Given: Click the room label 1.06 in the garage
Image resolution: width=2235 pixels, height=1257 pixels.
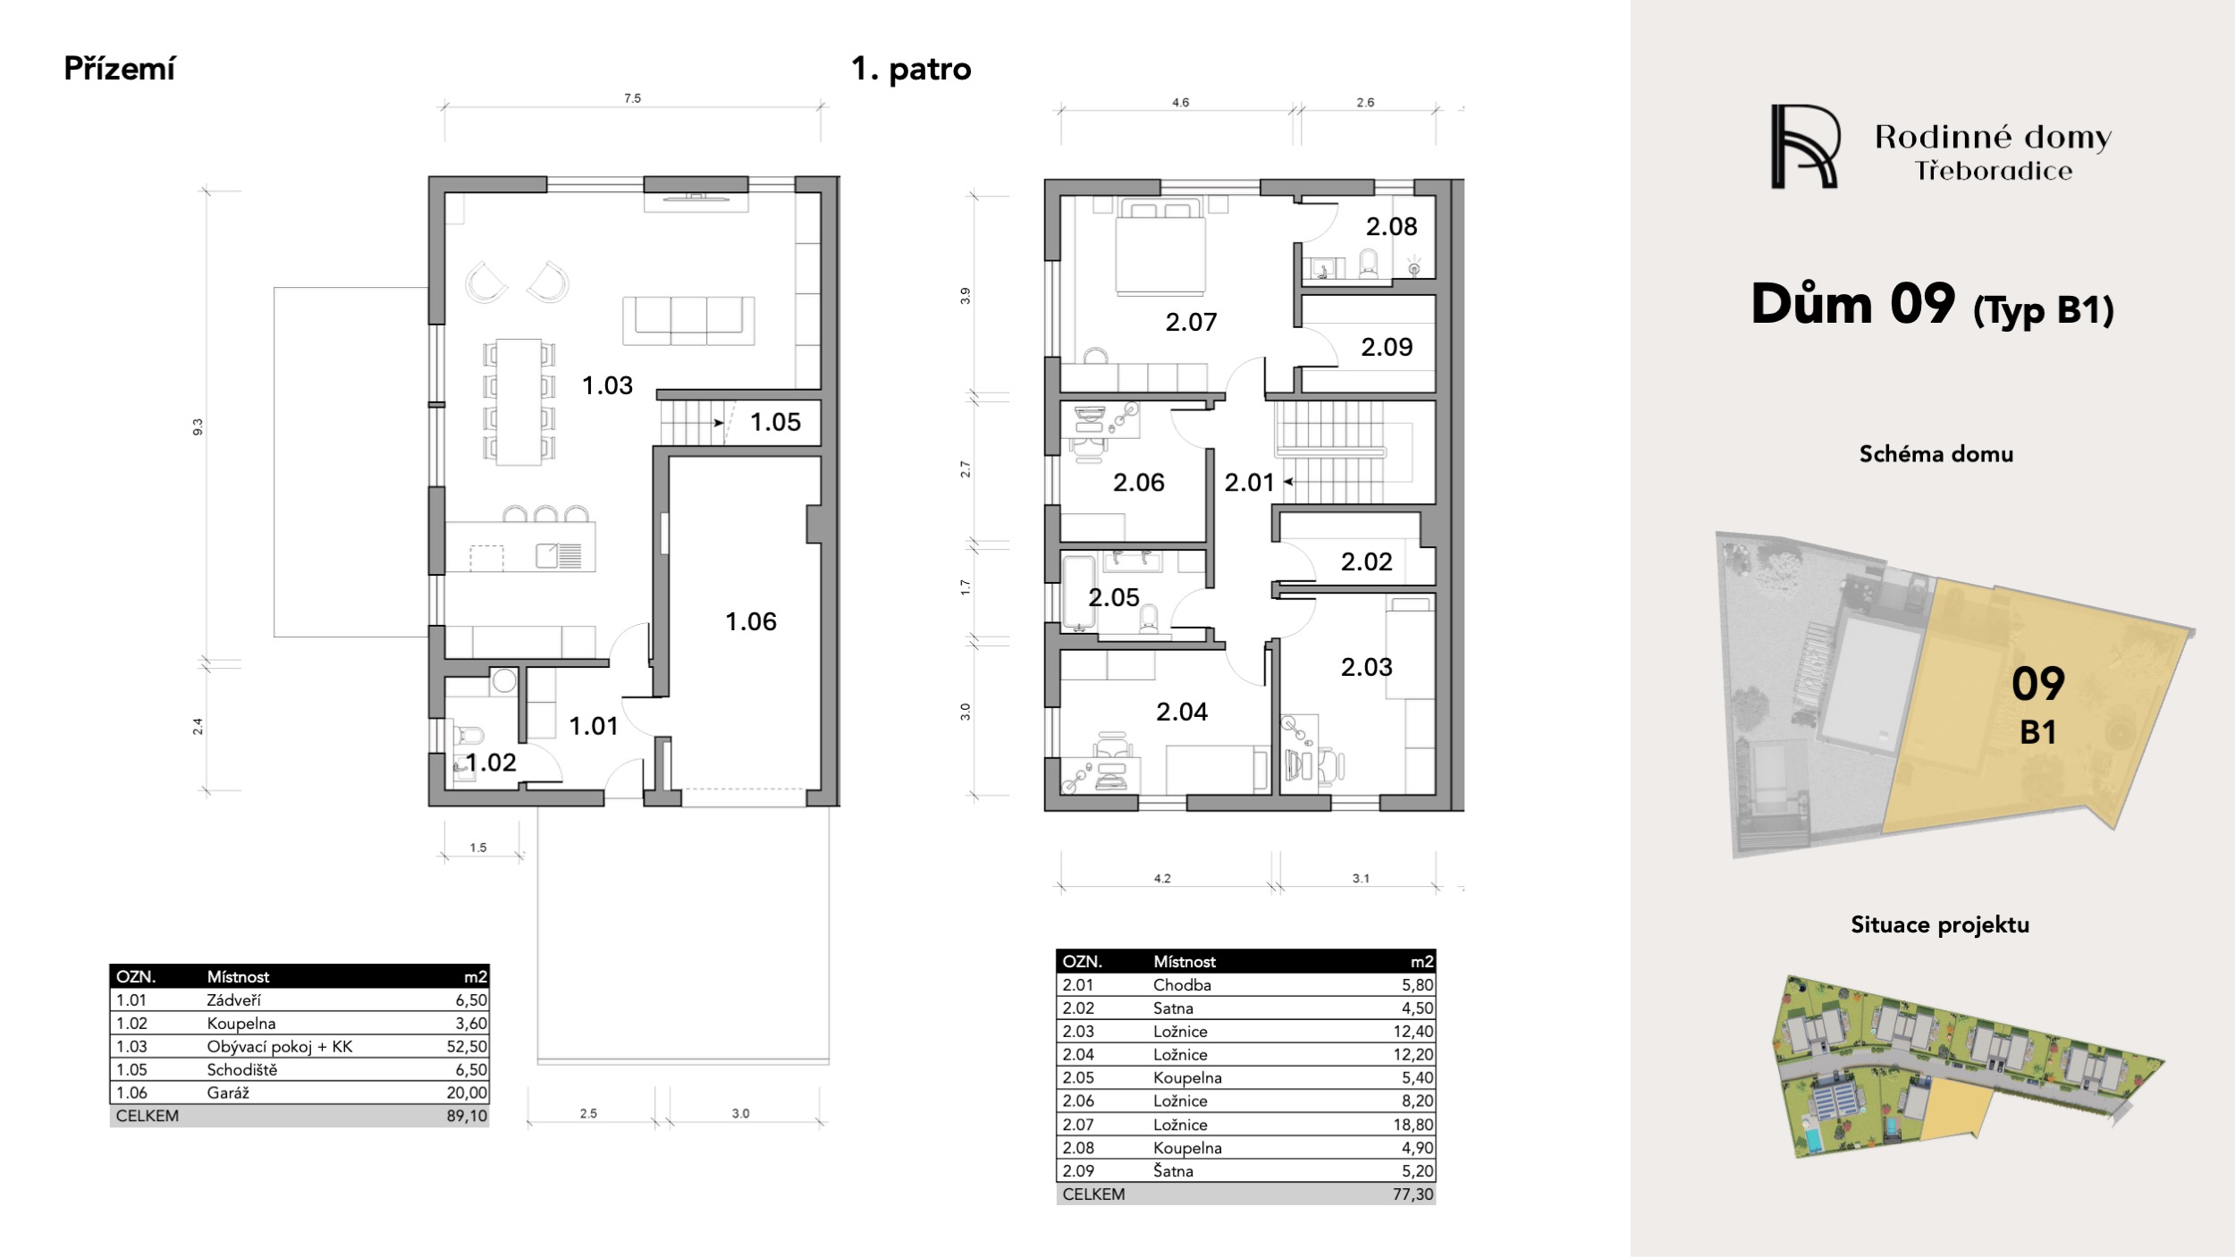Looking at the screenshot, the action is coord(751,621).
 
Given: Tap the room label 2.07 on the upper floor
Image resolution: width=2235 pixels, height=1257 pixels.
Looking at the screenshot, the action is coord(1191,322).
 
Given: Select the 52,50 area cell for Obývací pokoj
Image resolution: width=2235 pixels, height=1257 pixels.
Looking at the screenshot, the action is coord(467,1046).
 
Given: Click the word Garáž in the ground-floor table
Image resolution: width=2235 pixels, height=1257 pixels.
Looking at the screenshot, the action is coord(228,1092).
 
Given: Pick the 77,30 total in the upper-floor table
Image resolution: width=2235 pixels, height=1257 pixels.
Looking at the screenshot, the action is coord(1413,1194).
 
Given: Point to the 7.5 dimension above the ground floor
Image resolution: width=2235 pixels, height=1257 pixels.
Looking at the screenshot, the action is coord(633,98).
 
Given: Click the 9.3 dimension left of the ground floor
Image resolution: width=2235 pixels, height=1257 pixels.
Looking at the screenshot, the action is coord(198,427).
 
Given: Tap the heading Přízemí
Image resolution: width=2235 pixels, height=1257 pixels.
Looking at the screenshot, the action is coord(120,69).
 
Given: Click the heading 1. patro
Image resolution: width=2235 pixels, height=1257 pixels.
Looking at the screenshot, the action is coord(911,69).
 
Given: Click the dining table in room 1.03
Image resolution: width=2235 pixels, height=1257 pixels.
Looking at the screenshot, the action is coord(519,401).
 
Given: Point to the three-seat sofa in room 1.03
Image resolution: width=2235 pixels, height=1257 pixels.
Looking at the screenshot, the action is coord(688,321).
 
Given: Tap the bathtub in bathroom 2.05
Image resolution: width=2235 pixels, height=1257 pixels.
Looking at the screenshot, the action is coord(1075,593).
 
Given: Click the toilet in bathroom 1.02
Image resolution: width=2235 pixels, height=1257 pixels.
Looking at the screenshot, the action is coord(467,736).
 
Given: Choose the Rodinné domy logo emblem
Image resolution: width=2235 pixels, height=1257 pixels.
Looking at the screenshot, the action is coord(1805,147).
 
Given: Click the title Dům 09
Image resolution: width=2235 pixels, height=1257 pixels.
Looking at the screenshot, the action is coord(1852,304).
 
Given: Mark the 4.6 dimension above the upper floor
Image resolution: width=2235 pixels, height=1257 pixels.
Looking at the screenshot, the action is coord(1180,103).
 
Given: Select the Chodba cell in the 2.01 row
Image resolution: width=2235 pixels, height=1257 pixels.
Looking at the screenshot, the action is coord(1182,984).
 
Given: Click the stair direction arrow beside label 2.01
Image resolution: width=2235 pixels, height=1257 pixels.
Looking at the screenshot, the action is coord(1289,482).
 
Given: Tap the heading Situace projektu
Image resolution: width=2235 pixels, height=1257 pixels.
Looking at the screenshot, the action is coord(1940,924).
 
